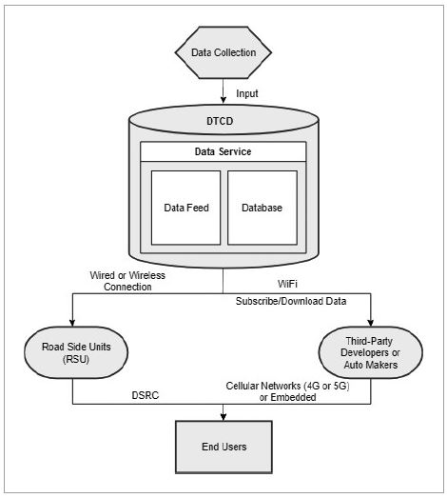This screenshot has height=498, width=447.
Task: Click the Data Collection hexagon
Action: click(x=223, y=52)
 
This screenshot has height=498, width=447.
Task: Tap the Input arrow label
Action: click(x=247, y=93)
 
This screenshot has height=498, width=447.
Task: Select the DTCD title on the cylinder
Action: click(x=220, y=121)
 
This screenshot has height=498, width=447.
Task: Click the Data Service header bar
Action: click(x=223, y=151)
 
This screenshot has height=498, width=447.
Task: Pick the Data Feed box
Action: click(x=185, y=208)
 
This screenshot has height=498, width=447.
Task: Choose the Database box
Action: click(x=262, y=208)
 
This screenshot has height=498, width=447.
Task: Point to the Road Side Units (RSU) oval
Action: click(x=76, y=352)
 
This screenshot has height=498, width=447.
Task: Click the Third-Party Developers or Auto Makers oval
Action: click(x=371, y=352)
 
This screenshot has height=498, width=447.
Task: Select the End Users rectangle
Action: click(x=224, y=448)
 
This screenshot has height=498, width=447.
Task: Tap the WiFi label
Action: click(x=287, y=284)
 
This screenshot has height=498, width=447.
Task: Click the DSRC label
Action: click(x=146, y=395)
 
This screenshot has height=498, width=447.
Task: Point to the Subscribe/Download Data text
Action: click(x=291, y=301)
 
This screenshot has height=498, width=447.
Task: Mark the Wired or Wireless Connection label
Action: click(x=127, y=281)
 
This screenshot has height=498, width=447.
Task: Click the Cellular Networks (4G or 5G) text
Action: click(x=288, y=386)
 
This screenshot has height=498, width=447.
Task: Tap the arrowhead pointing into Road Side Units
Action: click(x=72, y=323)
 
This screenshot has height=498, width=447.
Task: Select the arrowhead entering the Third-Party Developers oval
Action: click(x=371, y=323)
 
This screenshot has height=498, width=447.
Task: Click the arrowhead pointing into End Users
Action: click(x=223, y=417)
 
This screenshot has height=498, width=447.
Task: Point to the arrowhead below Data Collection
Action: click(x=223, y=99)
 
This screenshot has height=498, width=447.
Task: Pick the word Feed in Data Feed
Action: click(x=197, y=208)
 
